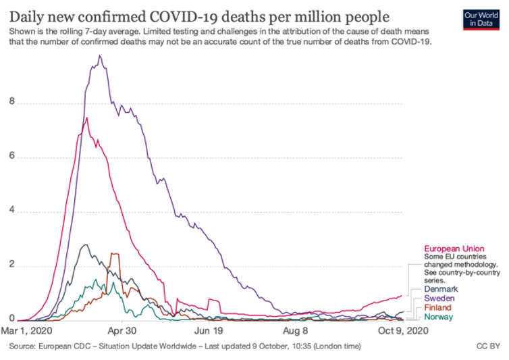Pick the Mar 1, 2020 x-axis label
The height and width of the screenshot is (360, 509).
pos(32,332)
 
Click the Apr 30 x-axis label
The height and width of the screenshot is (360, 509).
pos(123,332)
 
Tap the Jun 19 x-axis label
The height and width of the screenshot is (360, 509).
pos(210,332)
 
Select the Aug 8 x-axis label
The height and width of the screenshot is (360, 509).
pos(295,332)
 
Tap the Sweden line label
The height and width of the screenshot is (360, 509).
pos(439,298)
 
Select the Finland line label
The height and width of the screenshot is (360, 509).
pos(438,307)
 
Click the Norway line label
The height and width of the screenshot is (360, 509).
pos(439,316)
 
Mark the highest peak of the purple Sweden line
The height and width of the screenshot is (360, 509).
pos(101,55)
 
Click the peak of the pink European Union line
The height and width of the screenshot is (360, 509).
pos(86,118)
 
